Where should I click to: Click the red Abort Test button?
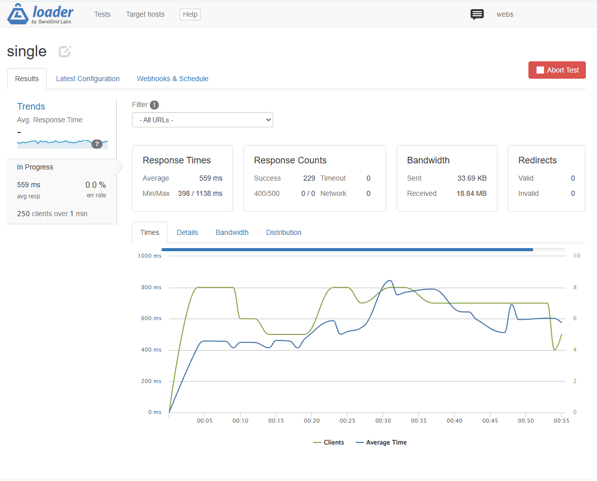[556, 70]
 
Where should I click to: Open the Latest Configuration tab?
[87, 79]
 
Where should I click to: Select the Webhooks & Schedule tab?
[173, 79]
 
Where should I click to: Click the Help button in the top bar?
[190, 14]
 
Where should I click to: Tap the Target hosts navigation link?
[145, 14]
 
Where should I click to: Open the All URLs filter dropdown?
[202, 120]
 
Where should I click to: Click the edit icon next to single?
[65, 51]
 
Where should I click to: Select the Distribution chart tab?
[284, 232]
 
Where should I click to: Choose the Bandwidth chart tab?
[232, 232]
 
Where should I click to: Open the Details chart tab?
[187, 232]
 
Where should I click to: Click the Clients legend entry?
[328, 442]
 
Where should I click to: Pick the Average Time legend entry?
[381, 442]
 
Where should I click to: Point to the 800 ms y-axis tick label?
[151, 287]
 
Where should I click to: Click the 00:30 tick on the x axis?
[383, 421]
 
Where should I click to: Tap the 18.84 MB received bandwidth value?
[471, 193]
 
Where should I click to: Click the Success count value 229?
[309, 178]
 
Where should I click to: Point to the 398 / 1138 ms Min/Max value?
[200, 193]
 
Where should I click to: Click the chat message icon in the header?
[477, 14]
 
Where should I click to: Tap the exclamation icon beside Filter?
[154, 105]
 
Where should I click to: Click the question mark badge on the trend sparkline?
[97, 144]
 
